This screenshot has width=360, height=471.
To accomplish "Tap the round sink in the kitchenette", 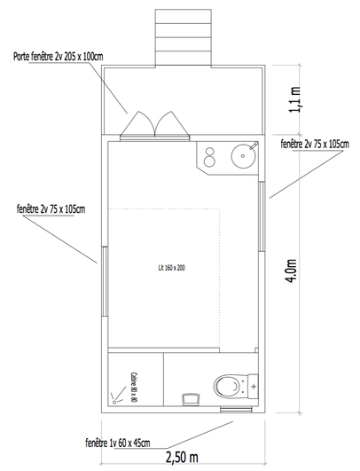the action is (x=243, y=155).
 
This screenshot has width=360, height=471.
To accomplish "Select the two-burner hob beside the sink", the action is (x=209, y=157).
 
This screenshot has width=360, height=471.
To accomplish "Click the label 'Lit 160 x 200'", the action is (x=172, y=268).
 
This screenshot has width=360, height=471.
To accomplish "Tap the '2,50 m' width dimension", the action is (x=182, y=457).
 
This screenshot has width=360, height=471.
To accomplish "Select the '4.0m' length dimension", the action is (x=292, y=270).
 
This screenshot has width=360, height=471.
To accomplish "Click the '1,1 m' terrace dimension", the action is (x=294, y=99).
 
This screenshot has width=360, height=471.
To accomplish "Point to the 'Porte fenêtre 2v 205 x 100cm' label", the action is (x=59, y=57).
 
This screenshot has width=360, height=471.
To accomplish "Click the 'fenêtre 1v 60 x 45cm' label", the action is (x=118, y=443).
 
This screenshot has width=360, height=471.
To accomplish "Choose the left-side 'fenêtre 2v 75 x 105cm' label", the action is (x=51, y=209).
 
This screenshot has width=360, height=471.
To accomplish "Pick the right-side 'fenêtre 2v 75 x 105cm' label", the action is (x=315, y=145).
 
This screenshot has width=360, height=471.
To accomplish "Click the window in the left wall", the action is (x=105, y=281).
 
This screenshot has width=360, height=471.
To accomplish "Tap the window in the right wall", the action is (x=262, y=216).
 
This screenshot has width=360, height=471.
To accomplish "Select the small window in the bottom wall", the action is (x=236, y=410).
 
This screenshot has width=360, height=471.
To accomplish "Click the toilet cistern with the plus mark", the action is (x=254, y=387).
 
